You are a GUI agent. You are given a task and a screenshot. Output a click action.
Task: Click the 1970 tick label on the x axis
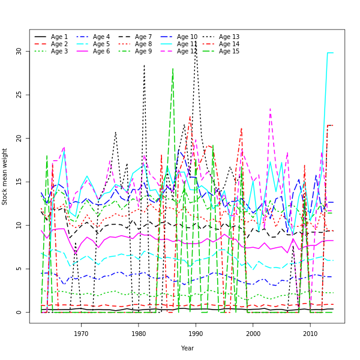click(x=81, y=333)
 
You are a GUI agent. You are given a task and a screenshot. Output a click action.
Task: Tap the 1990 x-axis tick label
click(x=196, y=333)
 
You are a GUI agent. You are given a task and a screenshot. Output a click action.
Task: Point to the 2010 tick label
click(x=310, y=333)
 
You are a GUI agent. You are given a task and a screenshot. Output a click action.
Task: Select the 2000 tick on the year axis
click(x=253, y=333)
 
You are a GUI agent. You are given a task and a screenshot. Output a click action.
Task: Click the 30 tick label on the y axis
click(x=19, y=52)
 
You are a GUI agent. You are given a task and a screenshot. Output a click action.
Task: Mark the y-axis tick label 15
click(x=19, y=182)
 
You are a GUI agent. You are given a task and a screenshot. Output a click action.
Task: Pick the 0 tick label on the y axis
click(x=19, y=312)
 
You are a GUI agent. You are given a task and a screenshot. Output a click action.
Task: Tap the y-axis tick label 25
click(x=19, y=95)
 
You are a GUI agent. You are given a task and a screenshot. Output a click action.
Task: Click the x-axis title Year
click(x=187, y=348)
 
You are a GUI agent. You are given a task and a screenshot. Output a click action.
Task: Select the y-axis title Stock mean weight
click(x=5, y=176)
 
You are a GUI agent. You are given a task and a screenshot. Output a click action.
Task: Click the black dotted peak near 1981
click(x=144, y=65)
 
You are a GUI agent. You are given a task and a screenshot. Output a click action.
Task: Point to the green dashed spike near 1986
click(x=173, y=68)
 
